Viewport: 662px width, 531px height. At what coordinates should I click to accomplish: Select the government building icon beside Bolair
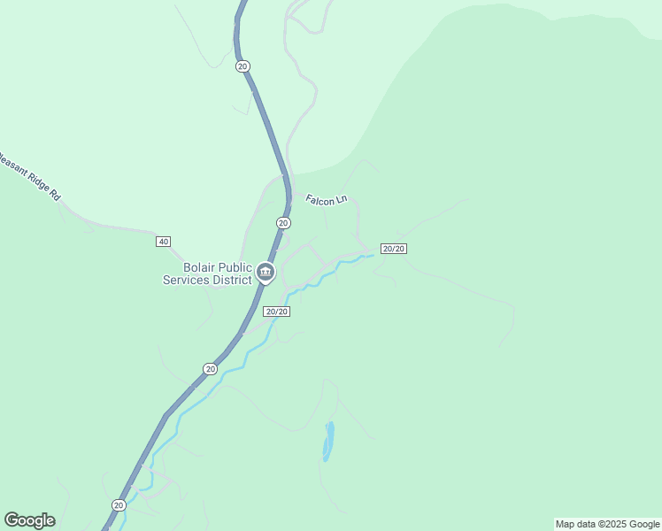click(265, 273)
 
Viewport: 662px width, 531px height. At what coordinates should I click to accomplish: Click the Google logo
click(29, 520)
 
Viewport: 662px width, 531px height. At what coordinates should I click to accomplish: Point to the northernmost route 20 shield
click(242, 66)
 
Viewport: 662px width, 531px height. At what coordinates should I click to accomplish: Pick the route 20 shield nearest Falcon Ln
click(283, 223)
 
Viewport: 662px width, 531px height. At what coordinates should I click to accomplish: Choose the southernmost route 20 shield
click(119, 504)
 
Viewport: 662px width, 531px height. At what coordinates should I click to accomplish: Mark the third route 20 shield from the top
click(210, 368)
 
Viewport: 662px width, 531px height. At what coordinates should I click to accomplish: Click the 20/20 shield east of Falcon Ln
click(393, 249)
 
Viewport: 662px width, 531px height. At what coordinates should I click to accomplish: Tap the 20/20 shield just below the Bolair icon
click(277, 312)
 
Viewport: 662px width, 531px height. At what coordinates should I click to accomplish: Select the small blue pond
click(328, 441)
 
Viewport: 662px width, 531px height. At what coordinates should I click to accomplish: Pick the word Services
click(186, 281)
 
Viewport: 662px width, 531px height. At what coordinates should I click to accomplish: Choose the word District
click(232, 281)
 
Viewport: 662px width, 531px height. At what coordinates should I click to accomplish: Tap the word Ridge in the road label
click(35, 180)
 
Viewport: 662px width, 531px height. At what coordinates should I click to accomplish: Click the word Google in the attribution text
click(644, 524)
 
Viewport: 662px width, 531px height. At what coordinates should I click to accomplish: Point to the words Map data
click(575, 524)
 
